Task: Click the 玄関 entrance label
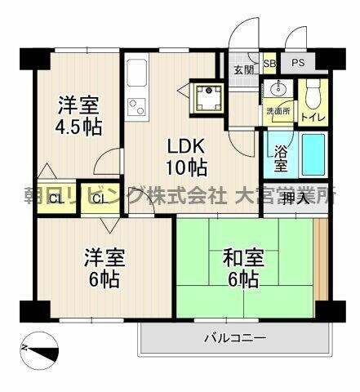click(x=242, y=69)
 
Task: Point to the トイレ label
click(x=313, y=115)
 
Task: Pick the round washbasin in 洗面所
click(x=280, y=90)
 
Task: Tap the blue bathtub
click(x=313, y=153)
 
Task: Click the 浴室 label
click(x=280, y=158)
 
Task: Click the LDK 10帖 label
click(x=187, y=158)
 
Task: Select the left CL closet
click(x=55, y=199)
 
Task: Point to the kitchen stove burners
click(x=136, y=106)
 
